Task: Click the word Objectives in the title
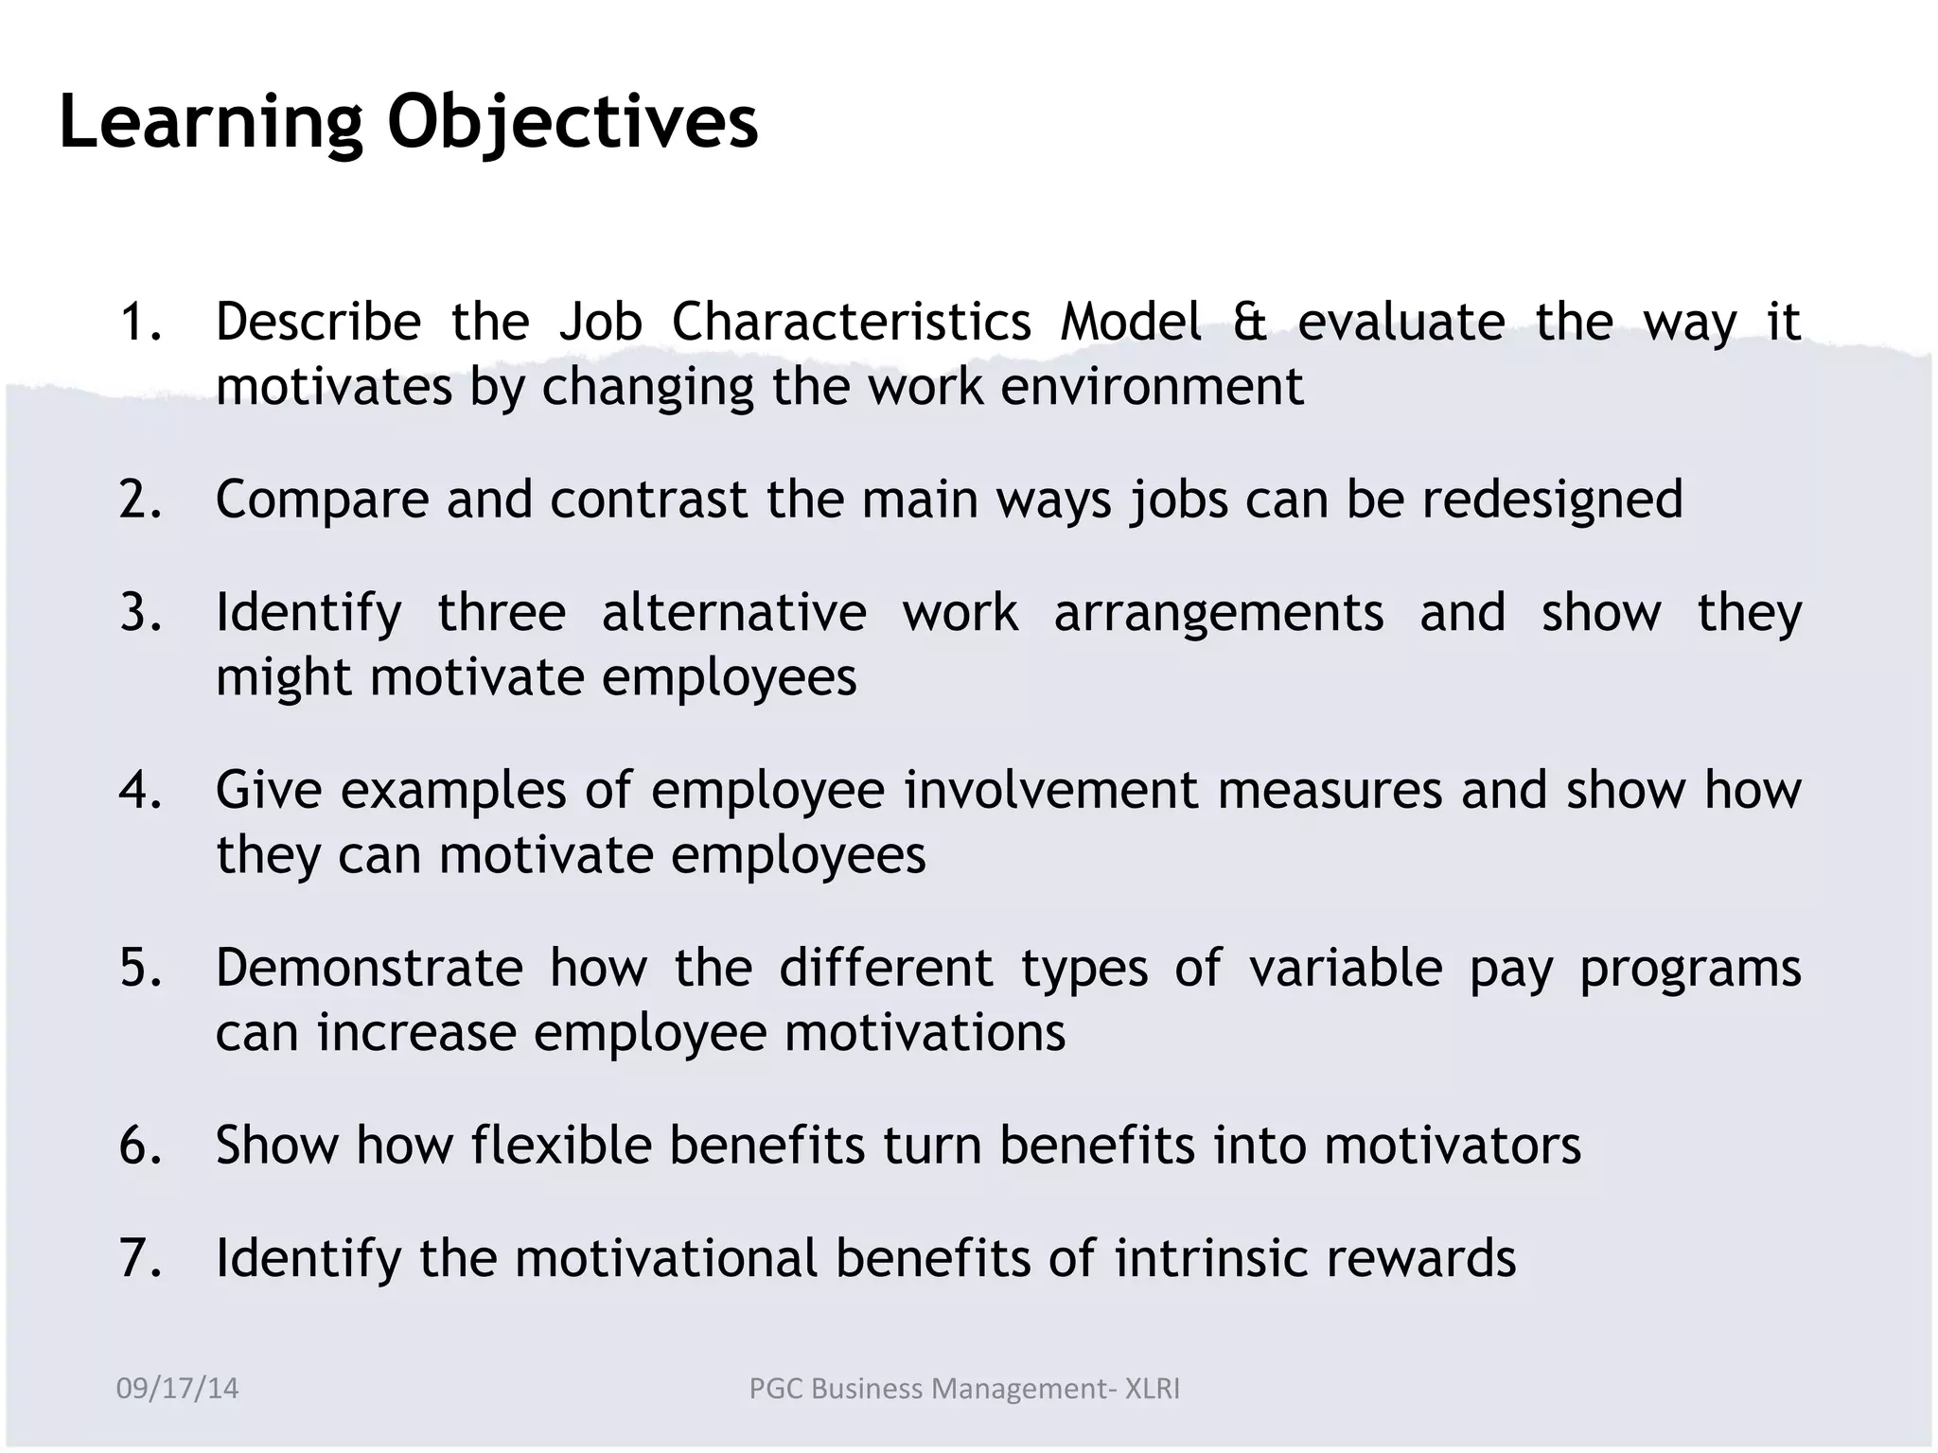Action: pos(573,124)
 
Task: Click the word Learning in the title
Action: pos(211,124)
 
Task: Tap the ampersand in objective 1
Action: pos(1249,323)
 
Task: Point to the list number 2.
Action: pos(140,500)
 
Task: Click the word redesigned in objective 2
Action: pos(1552,500)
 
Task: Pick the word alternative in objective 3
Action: pos(734,613)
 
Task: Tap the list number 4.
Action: pos(140,791)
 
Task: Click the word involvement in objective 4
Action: pos(1051,791)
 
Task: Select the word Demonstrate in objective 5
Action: pos(369,969)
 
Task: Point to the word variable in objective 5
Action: pos(1346,969)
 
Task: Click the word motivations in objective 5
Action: pos(925,1033)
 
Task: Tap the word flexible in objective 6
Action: pos(561,1146)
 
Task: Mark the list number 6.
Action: pos(140,1146)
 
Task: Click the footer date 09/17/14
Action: pos(177,1389)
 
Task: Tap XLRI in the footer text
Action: pos(1152,1389)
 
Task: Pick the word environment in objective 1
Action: pos(1152,387)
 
